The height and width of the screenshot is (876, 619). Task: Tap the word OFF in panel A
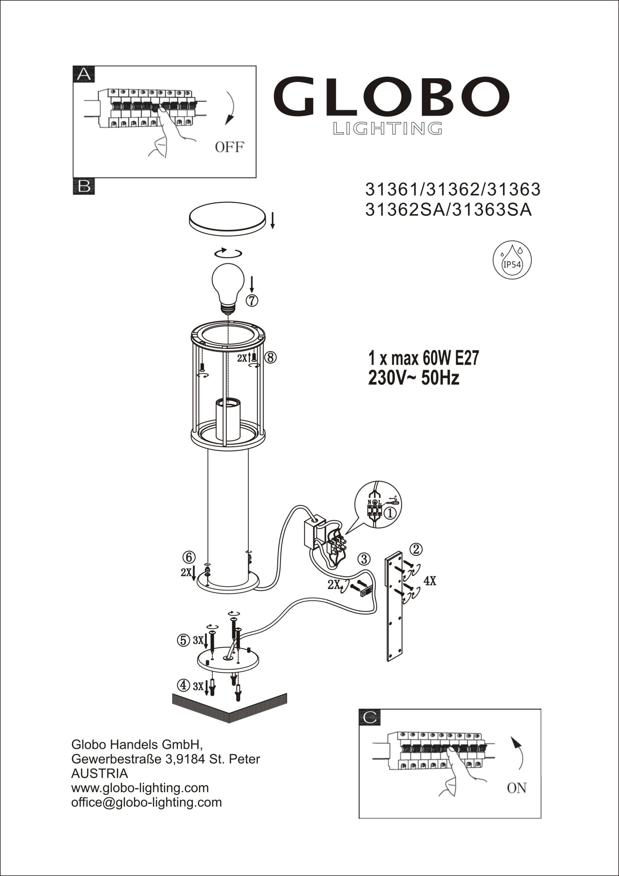point(229,147)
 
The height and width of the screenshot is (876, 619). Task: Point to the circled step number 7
point(251,301)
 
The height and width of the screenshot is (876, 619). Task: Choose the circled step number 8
point(271,358)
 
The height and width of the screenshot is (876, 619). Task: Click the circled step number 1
point(390,514)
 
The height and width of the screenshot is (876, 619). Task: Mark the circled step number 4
point(183,686)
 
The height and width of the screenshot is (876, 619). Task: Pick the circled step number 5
point(183,640)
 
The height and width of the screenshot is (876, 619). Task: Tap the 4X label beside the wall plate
point(430,581)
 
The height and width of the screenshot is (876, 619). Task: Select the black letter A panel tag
point(84,74)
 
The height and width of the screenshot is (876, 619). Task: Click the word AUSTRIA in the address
point(100,774)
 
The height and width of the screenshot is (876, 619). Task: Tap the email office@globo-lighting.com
point(146,803)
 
